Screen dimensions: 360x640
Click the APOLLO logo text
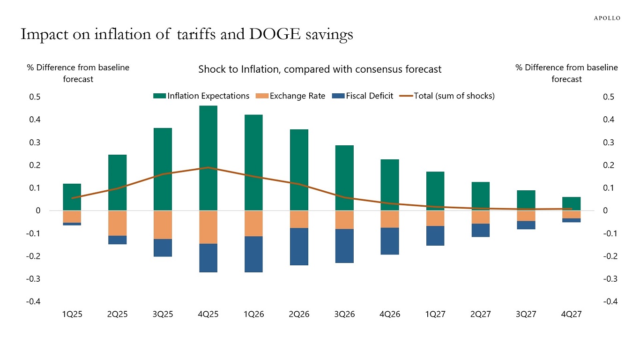607,18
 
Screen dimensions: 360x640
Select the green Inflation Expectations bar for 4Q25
208,158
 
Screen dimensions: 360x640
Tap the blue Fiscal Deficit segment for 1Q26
253,254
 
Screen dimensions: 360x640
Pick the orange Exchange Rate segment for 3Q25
162,225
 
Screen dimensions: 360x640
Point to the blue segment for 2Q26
299,247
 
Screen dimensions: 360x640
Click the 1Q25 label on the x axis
72,315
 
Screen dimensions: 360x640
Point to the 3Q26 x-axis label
344,315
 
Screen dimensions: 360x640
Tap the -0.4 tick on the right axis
609,302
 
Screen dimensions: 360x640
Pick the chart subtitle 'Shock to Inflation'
320,69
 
